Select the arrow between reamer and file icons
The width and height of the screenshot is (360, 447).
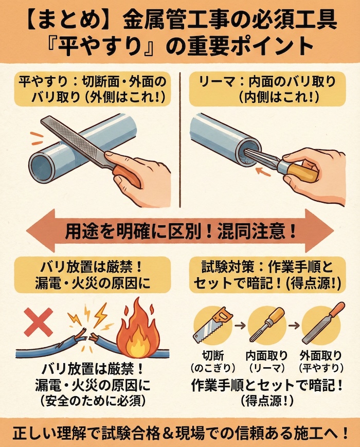pos(295,326)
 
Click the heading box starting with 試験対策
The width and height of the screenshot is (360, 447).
pos(269,276)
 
